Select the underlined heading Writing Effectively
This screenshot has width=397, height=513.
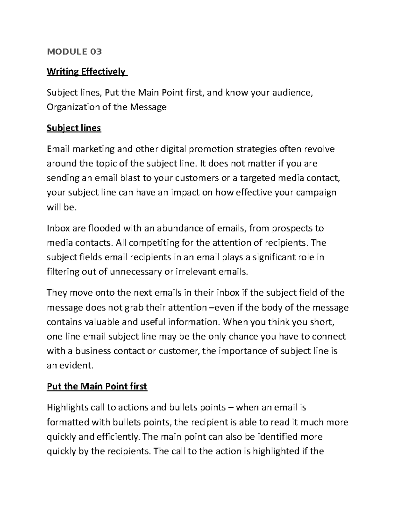tap(87, 72)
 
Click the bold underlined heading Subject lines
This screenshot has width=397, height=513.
tap(74, 128)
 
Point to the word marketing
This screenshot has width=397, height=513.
tap(94, 149)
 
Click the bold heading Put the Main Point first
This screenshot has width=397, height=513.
tap(97, 386)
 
